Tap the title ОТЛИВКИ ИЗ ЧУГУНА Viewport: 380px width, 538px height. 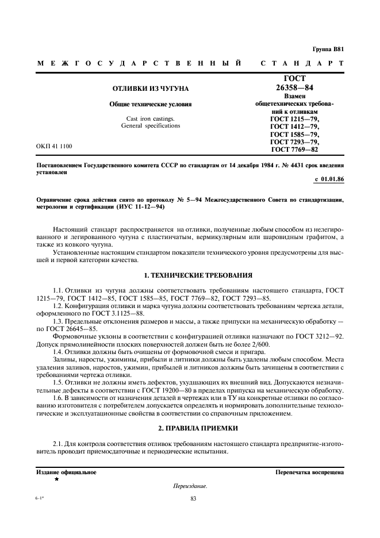click(150, 89)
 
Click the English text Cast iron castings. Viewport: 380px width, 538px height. click(150, 118)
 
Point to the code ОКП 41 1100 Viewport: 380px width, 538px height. click(55, 147)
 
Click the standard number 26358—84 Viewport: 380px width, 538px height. click(295, 88)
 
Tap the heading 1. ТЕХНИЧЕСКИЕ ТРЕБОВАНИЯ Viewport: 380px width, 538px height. click(190, 275)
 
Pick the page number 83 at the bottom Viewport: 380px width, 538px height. click(193, 499)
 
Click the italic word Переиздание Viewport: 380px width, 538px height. click(190, 486)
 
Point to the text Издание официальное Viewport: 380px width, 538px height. click(66, 472)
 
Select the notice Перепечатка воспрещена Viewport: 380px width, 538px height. click(310, 472)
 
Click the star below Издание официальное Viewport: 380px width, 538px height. click(56, 479)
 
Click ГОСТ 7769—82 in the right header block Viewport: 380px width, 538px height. click(295, 149)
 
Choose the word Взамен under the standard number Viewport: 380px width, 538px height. click(295, 97)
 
